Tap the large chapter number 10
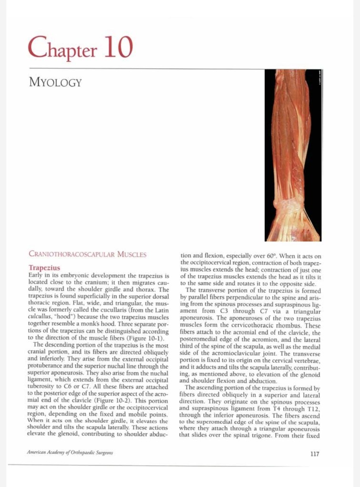click(116, 48)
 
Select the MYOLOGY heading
click(55, 83)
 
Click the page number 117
click(314, 454)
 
